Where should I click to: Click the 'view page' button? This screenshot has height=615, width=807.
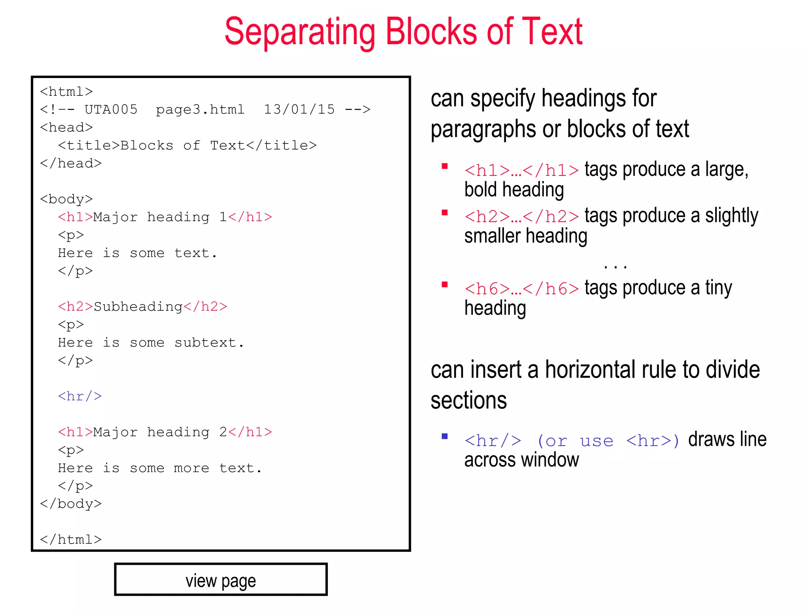221,580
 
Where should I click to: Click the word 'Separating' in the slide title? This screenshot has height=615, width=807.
299,32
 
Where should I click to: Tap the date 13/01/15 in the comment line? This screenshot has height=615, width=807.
299,109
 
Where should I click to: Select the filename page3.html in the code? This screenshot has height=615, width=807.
200,109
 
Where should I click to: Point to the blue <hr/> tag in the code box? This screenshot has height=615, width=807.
80,396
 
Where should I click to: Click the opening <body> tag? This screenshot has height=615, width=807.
66,199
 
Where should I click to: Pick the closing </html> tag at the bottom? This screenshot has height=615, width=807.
71,539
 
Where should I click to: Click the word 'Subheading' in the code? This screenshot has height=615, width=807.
138,306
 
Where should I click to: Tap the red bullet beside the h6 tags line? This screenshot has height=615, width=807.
445,285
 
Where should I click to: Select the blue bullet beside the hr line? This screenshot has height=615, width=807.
445,436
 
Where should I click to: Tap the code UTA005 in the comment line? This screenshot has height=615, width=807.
111,109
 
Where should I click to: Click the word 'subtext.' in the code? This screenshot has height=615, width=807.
209,342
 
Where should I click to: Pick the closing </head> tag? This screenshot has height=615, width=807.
71,163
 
